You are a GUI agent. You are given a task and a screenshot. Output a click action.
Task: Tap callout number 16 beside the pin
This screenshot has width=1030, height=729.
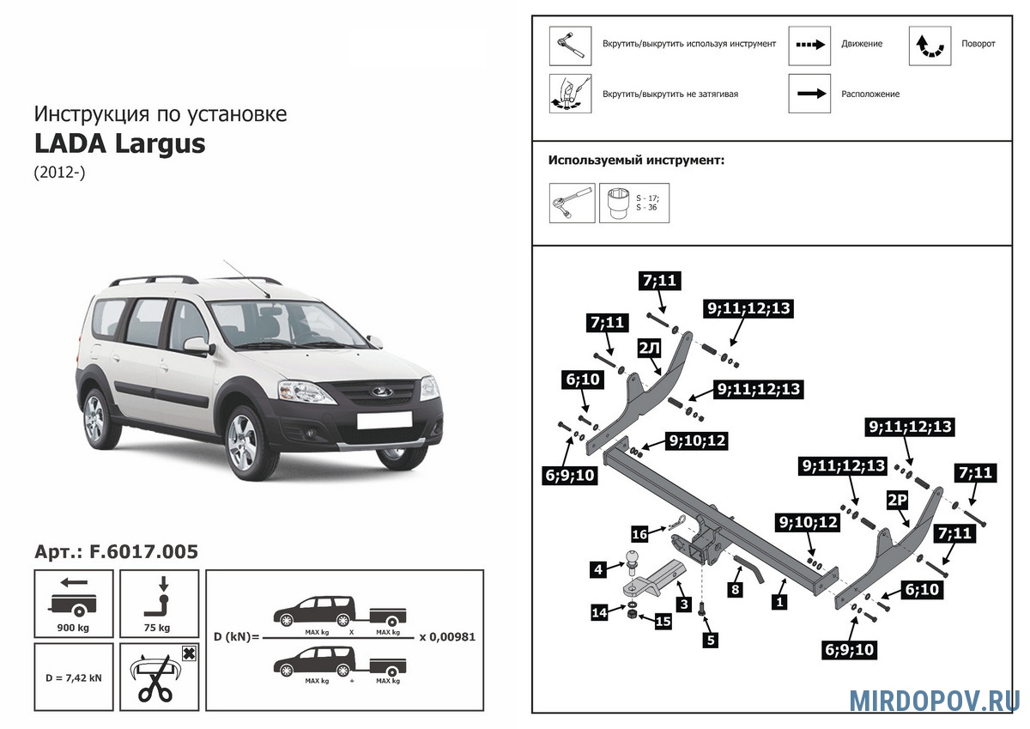click(639, 534)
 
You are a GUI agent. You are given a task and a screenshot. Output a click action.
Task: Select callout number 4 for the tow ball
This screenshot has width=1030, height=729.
click(597, 568)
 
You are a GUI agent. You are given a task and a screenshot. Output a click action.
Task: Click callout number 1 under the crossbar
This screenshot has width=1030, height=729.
click(779, 603)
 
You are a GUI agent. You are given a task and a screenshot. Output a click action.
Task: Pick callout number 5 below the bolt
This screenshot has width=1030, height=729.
click(711, 639)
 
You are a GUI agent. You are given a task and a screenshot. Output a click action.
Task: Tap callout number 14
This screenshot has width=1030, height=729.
click(598, 611)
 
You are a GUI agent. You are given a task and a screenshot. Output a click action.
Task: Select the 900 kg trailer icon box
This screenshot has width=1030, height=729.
click(73, 602)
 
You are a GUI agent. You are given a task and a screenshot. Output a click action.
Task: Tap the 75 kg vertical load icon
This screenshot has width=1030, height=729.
click(160, 602)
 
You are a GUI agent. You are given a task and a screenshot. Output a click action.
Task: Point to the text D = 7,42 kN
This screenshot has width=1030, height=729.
click(73, 677)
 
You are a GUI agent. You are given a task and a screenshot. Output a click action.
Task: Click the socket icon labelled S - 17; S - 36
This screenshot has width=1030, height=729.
click(633, 204)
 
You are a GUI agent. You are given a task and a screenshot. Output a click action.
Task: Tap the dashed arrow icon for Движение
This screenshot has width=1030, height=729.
click(809, 45)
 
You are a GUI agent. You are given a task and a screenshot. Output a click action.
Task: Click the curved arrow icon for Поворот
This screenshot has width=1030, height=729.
click(930, 45)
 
